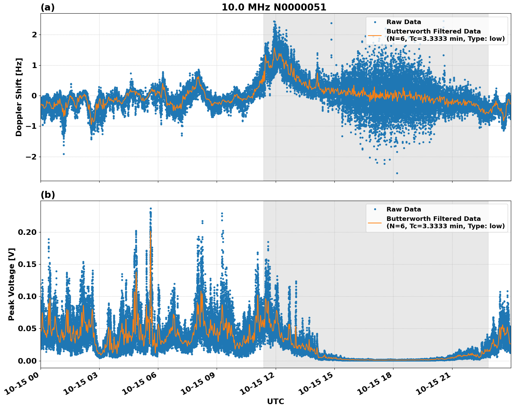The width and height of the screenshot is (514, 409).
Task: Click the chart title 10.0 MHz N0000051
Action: coord(274,7)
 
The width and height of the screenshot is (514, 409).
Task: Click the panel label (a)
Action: coord(48,7)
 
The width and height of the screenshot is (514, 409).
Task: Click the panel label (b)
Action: coord(48,195)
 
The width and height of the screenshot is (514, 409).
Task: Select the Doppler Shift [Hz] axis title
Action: coord(19,97)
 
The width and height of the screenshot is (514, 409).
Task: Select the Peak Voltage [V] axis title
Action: coord(12,284)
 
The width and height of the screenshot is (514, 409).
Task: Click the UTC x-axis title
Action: coord(275,401)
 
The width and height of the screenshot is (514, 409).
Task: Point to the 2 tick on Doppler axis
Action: coord(34,35)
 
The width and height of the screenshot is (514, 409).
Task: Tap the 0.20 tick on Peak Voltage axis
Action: coord(28,232)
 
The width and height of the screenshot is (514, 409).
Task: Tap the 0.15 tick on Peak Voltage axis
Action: coord(28,265)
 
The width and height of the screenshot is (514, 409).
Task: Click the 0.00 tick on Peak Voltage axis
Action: coord(28,361)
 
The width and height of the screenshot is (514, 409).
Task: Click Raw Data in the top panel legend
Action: coord(404,22)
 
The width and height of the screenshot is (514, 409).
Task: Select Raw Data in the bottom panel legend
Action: coord(404,209)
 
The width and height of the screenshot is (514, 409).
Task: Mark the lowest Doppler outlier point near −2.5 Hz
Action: coord(397,173)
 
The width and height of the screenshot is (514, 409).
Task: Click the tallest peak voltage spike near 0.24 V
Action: coord(151,209)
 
